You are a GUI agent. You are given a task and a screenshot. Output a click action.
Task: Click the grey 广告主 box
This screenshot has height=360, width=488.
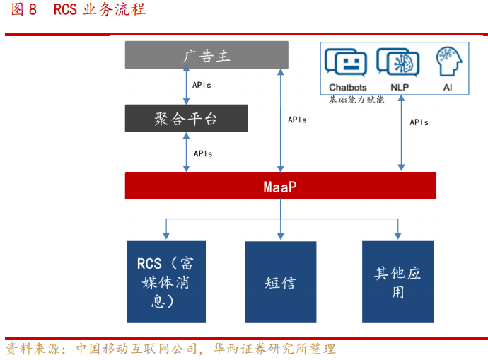point(207,55)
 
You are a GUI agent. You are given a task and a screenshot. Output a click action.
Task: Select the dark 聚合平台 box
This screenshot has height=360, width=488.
point(187,118)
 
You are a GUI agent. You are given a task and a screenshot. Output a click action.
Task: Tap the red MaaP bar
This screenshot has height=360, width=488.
point(280,186)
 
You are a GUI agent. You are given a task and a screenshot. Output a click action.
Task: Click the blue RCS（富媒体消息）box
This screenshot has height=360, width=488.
point(166,282)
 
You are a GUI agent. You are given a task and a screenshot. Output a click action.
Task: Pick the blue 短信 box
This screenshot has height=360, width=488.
point(280,282)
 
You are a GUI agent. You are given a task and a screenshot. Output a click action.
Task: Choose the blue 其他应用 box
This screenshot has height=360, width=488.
point(397,282)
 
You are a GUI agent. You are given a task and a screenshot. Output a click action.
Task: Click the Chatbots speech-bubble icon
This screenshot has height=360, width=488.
point(347,63)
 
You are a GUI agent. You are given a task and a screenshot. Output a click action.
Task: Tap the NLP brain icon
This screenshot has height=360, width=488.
point(398,63)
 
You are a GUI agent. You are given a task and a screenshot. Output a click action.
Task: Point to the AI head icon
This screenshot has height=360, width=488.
point(447,62)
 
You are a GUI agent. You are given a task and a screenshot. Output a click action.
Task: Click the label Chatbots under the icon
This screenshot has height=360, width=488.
point(347,88)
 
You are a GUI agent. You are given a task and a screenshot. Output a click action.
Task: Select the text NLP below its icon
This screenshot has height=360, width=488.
point(399,88)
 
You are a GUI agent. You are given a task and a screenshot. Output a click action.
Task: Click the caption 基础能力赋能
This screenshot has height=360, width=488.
point(356,100)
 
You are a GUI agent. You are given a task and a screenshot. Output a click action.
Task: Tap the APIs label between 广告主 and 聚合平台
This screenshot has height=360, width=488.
point(202,86)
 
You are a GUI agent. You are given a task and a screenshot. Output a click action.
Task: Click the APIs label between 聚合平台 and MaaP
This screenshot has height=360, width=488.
point(202,153)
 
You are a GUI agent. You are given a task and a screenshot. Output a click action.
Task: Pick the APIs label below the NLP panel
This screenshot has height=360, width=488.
point(419,122)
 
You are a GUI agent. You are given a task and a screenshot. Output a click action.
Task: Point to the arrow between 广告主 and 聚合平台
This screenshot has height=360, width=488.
point(187,87)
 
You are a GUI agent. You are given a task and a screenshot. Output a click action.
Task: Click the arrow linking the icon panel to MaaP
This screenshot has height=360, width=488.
point(400,134)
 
